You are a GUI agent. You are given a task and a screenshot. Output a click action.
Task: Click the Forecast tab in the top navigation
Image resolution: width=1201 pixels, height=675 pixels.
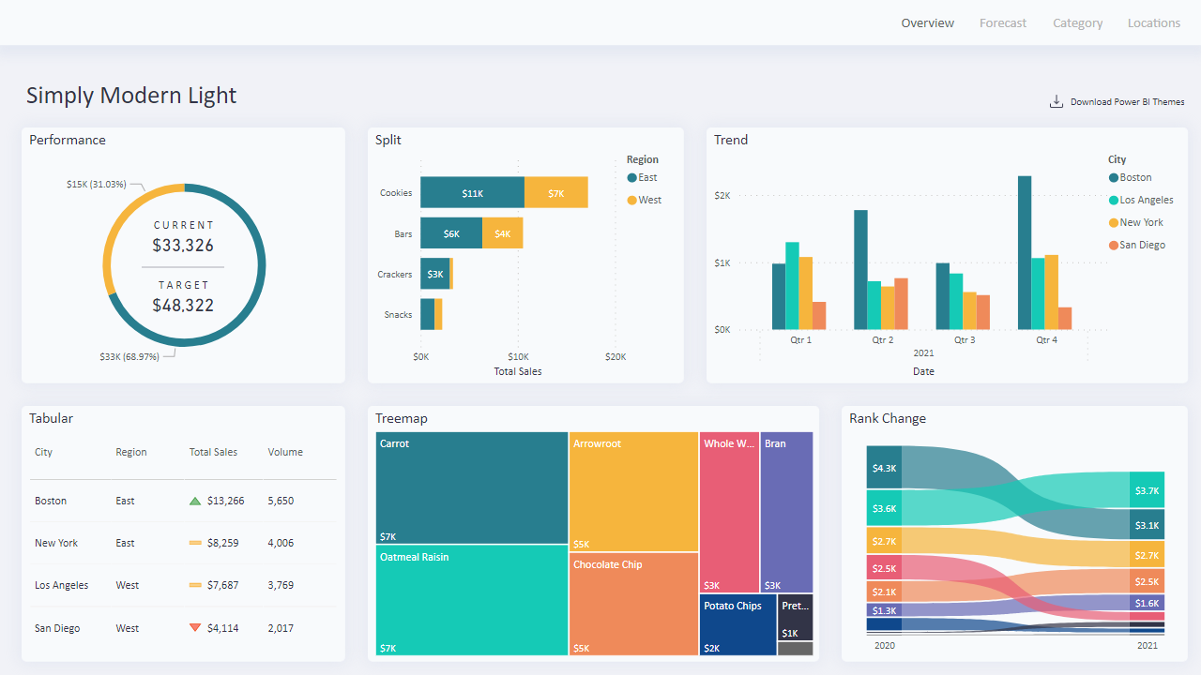(x=1003, y=23)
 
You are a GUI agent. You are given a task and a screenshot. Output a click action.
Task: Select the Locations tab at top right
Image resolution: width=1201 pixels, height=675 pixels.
(x=1153, y=23)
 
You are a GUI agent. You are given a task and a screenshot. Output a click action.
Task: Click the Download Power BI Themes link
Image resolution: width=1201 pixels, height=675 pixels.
(x=1126, y=102)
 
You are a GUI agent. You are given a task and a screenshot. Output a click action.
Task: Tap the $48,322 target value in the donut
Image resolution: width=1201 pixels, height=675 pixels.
(x=183, y=306)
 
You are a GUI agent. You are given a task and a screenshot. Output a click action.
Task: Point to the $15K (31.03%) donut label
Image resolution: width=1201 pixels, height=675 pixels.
(x=96, y=185)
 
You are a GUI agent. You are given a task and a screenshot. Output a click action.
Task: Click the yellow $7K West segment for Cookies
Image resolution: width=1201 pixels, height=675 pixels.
(x=556, y=193)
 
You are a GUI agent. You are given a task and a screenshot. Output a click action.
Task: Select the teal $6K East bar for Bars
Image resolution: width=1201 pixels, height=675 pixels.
(x=451, y=233)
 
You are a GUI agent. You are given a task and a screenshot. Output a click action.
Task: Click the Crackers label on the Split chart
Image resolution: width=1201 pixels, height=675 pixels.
(x=395, y=275)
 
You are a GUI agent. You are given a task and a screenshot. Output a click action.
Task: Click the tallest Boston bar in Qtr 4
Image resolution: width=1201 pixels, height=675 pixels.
(x=1025, y=252)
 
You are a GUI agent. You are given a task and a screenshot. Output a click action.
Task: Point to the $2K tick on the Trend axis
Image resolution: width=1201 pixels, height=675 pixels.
(x=722, y=196)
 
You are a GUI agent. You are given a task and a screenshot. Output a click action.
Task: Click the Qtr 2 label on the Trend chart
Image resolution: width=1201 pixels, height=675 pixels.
(x=882, y=340)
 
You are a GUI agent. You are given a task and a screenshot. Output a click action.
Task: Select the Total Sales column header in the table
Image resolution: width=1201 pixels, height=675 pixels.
(x=213, y=452)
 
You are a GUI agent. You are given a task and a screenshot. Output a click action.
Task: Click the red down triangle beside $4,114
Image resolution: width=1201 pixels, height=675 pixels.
(x=195, y=628)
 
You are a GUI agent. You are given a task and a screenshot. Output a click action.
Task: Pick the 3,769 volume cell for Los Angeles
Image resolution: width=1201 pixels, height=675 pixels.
(x=281, y=585)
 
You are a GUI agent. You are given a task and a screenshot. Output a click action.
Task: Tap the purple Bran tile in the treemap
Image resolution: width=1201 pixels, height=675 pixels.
(x=786, y=512)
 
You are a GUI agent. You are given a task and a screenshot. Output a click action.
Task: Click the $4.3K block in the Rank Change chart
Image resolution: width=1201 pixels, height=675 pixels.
(x=884, y=468)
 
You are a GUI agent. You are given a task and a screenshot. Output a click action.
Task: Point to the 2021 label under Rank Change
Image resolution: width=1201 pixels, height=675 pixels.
(x=1147, y=645)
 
